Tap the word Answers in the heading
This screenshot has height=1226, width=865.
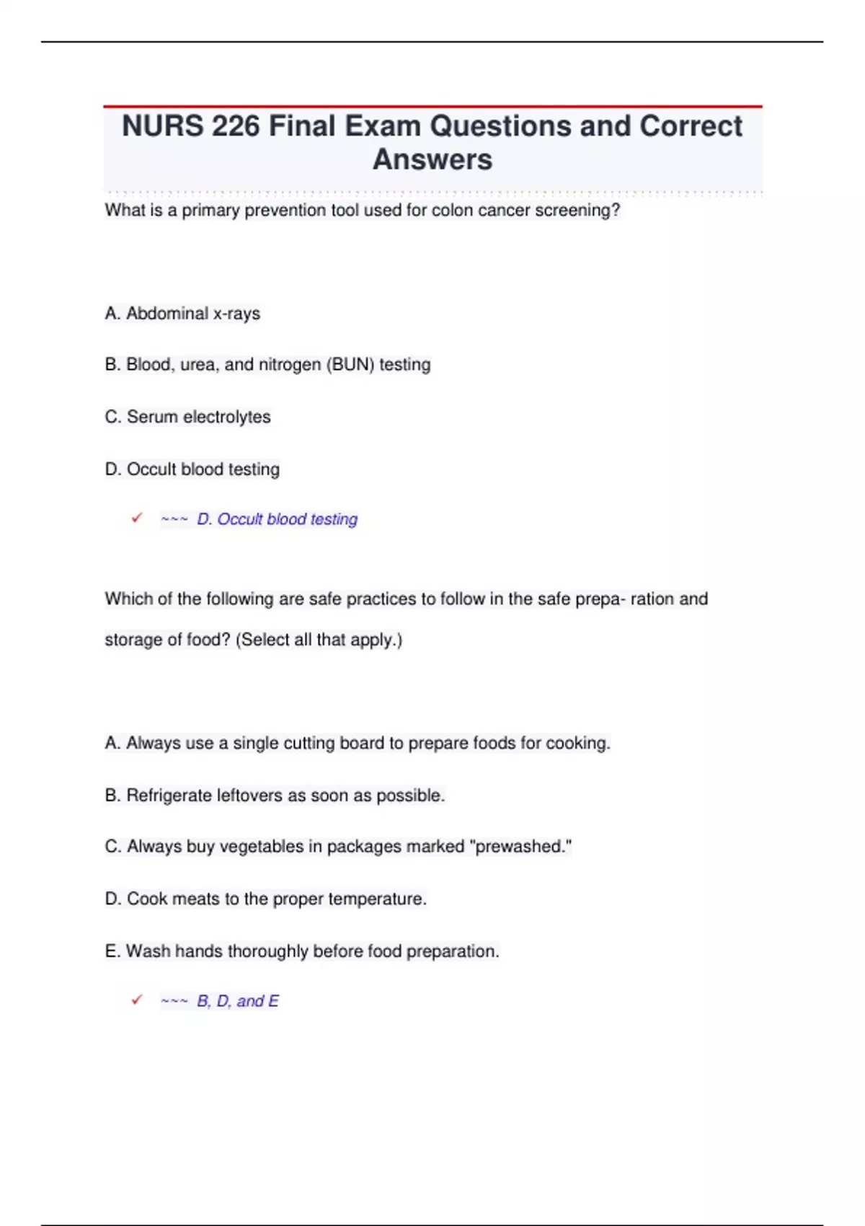point(432,159)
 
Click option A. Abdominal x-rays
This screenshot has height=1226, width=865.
point(182,314)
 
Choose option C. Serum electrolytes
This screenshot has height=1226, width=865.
point(187,417)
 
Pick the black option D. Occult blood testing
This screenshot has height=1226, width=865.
point(192,469)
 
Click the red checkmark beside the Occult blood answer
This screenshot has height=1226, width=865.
point(137,519)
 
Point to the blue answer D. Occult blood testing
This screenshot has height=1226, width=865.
point(277,519)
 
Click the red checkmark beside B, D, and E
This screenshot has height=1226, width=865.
point(137,1000)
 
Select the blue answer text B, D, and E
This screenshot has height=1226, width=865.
point(237,1001)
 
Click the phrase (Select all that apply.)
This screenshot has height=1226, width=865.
point(319,640)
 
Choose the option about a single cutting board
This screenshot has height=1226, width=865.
point(357,744)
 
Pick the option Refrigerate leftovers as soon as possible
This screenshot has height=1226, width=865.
point(275,795)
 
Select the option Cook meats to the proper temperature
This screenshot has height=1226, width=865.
point(265,899)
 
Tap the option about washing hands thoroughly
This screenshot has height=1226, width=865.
point(301,951)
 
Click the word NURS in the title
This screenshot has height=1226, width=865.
point(162,126)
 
